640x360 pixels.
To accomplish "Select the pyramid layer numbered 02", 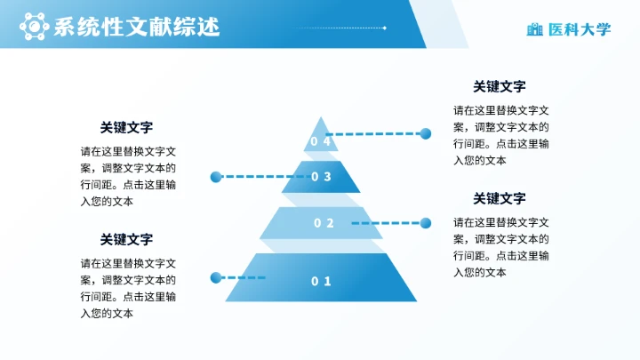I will [322, 223].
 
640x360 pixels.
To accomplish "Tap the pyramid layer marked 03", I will [321, 177].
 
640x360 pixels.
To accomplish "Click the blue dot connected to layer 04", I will [425, 133].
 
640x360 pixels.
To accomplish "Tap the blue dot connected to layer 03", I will [215, 177].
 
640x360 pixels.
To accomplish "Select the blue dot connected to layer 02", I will [425, 223].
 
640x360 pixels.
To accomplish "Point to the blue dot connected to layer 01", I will [215, 278].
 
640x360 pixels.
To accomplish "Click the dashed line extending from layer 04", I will [373, 134].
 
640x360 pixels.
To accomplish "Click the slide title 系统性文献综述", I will [136, 28].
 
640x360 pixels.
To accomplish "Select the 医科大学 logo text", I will [580, 29].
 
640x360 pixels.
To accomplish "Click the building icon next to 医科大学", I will [534, 29].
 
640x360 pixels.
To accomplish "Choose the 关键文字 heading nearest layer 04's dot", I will [500, 86].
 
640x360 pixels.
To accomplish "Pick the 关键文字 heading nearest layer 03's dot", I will [126, 127].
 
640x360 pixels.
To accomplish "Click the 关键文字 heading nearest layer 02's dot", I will [500, 198].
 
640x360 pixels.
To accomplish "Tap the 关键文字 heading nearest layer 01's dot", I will [126, 239].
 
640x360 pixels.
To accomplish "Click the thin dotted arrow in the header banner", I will [338, 28].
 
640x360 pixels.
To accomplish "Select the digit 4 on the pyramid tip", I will [327, 141].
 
